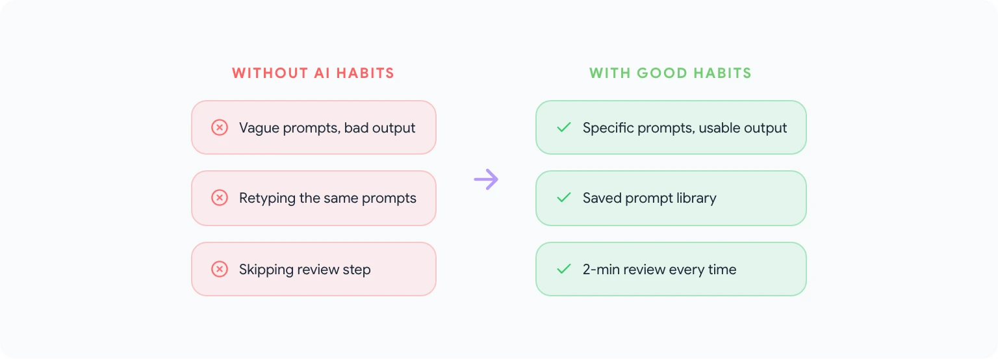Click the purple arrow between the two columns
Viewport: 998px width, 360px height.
486,179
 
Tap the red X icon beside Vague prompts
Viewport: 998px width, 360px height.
220,127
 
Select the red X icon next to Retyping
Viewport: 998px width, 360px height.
220,198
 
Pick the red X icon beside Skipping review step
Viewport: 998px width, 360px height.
220,269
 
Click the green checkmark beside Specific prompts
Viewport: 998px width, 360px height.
564,127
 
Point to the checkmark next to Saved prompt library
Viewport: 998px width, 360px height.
564,198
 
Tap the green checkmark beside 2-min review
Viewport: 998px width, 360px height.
564,269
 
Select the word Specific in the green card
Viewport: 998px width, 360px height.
608,128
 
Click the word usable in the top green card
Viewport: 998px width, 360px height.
719,128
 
